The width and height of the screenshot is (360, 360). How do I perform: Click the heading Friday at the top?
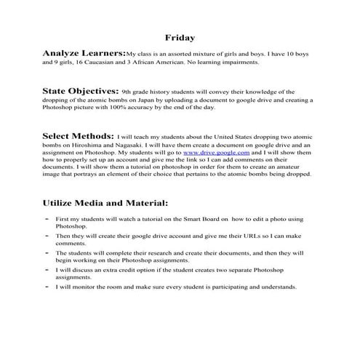(x=179, y=36)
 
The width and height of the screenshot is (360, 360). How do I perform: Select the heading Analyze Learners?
(x=84, y=53)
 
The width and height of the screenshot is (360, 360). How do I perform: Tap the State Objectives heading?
(x=80, y=92)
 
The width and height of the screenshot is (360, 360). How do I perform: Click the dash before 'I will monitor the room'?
(x=47, y=286)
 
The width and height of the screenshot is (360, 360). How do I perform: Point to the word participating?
(x=239, y=287)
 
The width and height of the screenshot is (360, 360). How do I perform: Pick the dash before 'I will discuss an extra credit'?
(x=47, y=269)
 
